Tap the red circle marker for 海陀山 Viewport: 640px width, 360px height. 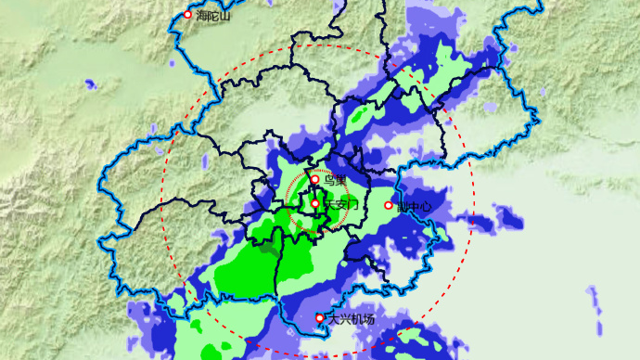[x=187, y=15]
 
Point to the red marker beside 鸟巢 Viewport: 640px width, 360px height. [x=314, y=180]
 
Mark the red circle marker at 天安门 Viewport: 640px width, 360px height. [x=315, y=203]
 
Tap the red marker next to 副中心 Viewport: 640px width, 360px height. [x=389, y=205]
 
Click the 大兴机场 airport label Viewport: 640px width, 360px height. [x=352, y=320]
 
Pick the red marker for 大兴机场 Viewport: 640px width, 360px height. [x=320, y=318]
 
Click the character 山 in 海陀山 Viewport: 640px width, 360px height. [x=224, y=16]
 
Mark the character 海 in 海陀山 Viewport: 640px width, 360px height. [x=198, y=16]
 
